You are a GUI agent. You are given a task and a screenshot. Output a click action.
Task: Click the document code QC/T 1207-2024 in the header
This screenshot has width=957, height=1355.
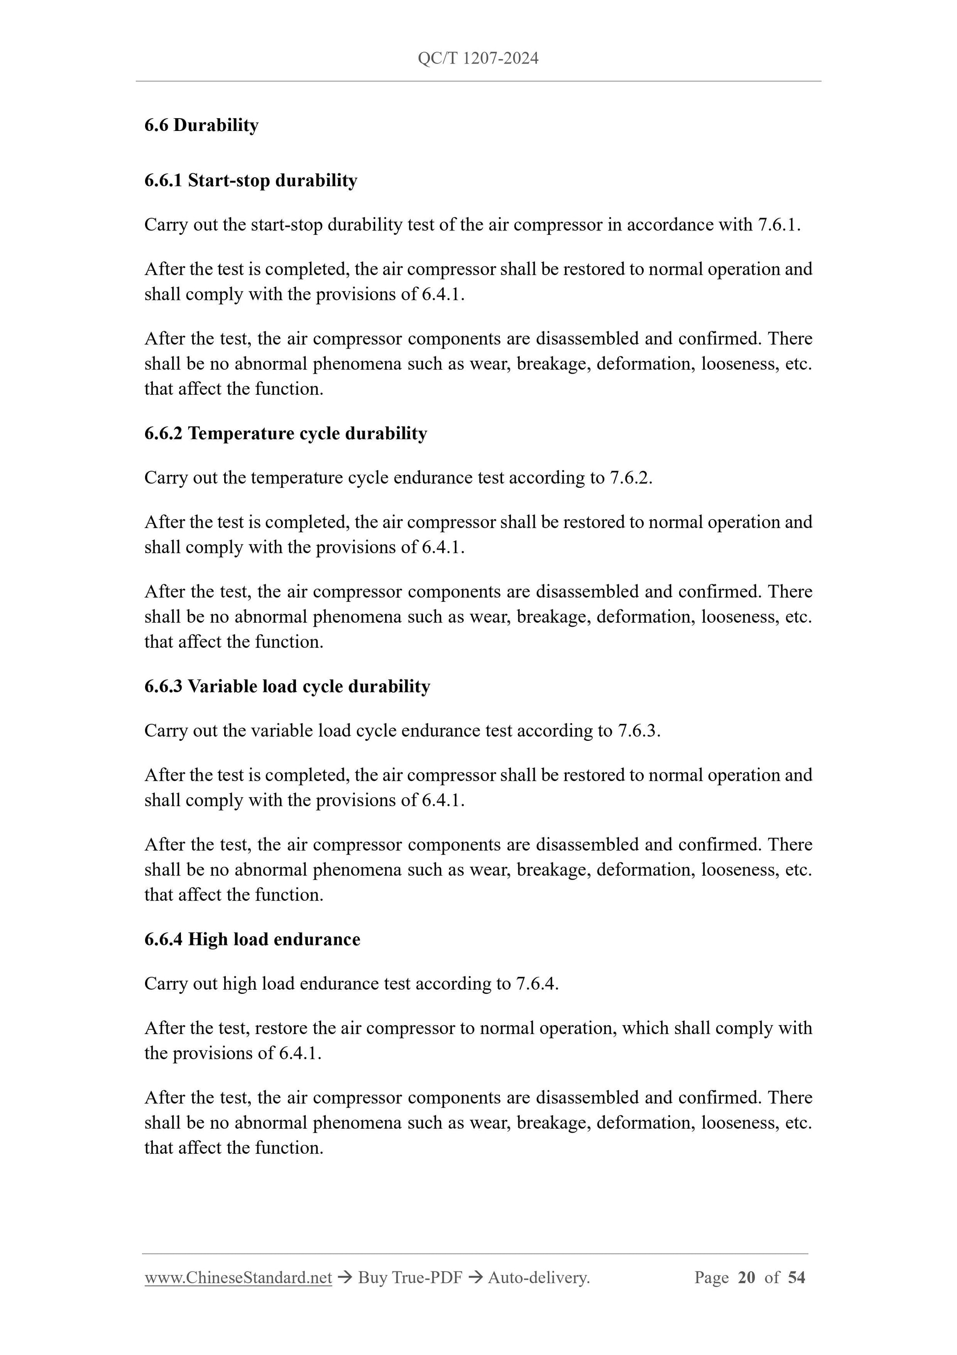click(478, 58)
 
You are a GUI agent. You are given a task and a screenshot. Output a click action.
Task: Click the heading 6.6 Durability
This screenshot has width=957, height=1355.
click(201, 125)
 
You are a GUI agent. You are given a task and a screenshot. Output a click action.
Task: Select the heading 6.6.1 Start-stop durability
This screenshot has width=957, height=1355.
click(251, 181)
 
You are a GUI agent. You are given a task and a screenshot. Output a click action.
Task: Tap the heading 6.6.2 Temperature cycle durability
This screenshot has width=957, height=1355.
click(285, 434)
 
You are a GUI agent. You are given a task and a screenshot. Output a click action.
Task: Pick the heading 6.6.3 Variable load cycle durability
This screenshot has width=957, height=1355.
click(287, 686)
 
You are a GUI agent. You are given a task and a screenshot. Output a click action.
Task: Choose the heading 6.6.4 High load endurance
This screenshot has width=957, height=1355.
click(252, 940)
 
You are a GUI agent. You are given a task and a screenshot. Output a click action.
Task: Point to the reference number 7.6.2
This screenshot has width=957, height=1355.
click(630, 477)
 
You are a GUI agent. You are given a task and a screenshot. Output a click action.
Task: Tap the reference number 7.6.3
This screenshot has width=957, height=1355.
click(639, 730)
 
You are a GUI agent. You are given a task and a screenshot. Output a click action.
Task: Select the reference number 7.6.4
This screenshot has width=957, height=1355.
click(537, 984)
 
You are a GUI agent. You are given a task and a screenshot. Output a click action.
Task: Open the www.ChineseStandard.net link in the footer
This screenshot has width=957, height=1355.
click(238, 1278)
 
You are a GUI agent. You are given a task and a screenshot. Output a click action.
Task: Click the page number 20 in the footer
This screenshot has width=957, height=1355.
click(747, 1278)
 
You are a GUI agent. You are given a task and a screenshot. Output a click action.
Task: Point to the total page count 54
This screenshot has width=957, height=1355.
click(797, 1278)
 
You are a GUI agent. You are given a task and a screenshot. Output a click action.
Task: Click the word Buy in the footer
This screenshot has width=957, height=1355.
click(373, 1278)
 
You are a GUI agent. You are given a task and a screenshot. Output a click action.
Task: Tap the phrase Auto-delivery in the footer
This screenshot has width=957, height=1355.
click(538, 1278)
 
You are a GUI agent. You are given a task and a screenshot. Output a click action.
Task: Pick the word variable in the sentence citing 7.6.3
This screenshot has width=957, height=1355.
click(282, 730)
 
